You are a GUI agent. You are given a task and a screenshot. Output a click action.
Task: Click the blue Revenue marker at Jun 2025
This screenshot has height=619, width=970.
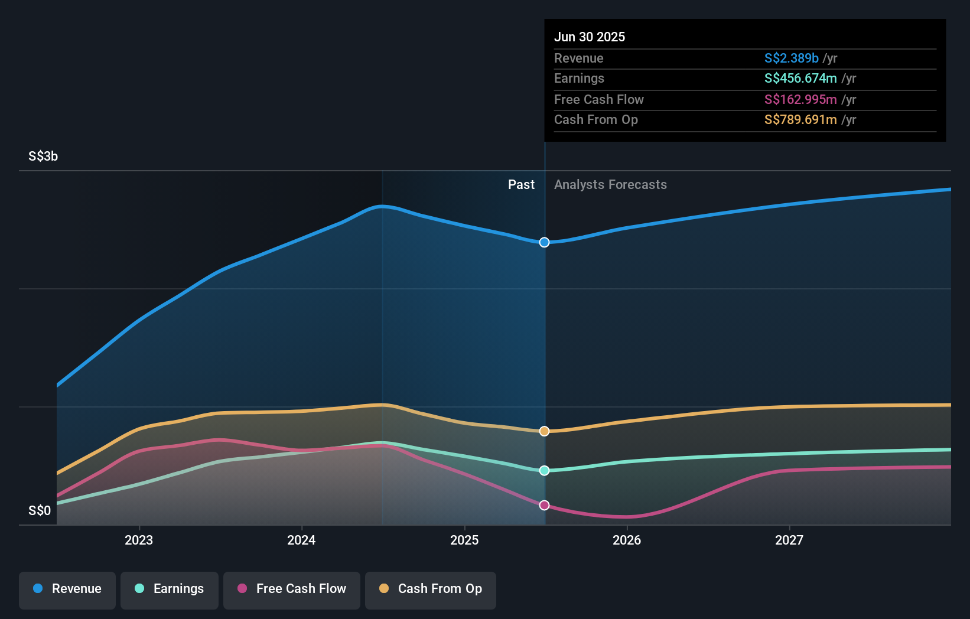tap(544, 242)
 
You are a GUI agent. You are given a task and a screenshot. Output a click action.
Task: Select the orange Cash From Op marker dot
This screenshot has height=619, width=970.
tap(544, 431)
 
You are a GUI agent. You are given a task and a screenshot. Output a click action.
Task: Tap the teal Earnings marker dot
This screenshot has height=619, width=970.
tap(544, 470)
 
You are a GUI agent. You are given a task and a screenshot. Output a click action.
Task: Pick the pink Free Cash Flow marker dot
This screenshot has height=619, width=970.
tap(544, 505)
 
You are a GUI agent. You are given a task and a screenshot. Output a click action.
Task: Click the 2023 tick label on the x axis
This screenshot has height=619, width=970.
tap(139, 540)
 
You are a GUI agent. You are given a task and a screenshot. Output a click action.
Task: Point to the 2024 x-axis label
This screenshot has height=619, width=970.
tap(301, 540)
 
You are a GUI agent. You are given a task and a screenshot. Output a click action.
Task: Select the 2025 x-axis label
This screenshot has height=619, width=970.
tap(464, 540)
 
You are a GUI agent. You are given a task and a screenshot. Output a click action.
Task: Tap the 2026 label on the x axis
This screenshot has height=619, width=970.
tap(627, 540)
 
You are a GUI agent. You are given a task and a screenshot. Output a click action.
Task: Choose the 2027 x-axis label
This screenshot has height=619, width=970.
tap(789, 540)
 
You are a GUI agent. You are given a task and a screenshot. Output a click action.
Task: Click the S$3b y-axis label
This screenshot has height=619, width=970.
tap(43, 156)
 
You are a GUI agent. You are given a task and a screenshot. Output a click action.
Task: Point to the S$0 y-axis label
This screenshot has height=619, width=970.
tap(40, 510)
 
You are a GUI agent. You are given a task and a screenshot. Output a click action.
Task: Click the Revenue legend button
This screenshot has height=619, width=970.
tap(67, 589)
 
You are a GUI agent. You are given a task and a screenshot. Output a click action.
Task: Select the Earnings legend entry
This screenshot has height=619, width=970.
tap(170, 589)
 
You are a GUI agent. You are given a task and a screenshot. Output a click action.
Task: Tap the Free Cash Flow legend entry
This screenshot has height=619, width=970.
tap(292, 589)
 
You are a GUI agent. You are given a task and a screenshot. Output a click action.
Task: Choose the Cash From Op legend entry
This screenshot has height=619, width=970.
tap(431, 589)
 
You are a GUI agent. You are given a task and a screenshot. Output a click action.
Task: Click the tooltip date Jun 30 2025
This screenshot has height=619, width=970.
tap(590, 37)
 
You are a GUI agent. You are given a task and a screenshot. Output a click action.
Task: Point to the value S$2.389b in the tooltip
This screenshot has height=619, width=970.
tap(791, 58)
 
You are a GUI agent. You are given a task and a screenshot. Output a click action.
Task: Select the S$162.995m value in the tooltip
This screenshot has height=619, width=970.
tap(800, 99)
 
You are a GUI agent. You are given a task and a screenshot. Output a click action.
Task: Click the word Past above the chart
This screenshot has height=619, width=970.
tap(521, 184)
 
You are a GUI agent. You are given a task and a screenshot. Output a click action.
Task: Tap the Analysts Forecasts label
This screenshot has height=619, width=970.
tap(610, 184)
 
